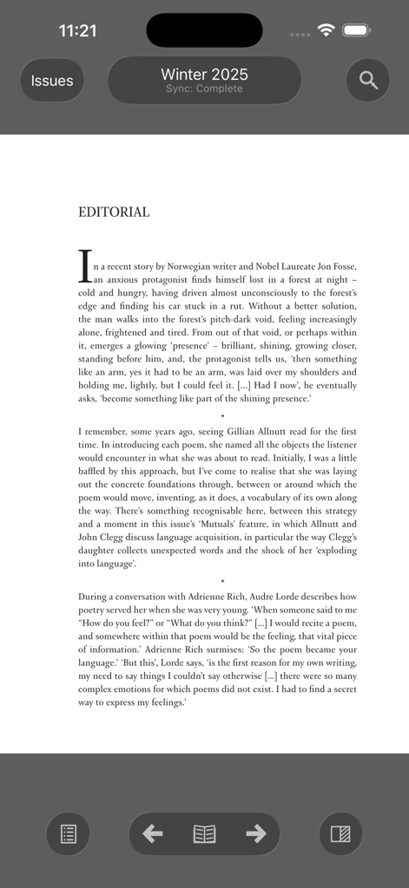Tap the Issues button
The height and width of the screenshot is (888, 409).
click(x=52, y=81)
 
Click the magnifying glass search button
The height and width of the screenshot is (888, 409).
click(x=368, y=81)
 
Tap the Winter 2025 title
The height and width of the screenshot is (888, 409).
click(x=204, y=75)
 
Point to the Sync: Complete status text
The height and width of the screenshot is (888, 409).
click(x=204, y=89)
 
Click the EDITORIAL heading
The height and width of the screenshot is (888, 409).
click(x=114, y=212)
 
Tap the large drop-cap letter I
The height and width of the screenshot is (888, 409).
click(x=85, y=266)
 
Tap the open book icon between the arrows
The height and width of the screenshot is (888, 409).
click(x=204, y=834)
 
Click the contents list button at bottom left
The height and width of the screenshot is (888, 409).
click(x=69, y=834)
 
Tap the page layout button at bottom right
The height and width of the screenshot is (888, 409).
click(x=340, y=834)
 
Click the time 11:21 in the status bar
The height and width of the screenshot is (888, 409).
click(x=77, y=30)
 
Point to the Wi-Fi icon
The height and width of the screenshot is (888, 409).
click(x=327, y=30)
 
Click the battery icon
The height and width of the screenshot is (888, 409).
click(x=357, y=30)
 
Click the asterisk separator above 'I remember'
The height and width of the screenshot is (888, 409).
click(x=222, y=417)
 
